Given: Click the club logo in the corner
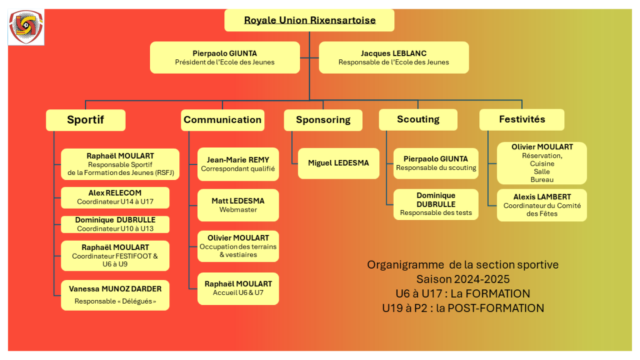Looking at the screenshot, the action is click(x=26, y=27).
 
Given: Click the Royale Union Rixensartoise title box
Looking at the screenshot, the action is click(x=309, y=20).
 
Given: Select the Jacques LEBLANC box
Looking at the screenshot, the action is click(x=394, y=57).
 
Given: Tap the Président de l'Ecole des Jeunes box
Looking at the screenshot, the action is click(x=225, y=57).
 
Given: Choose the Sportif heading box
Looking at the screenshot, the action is click(x=86, y=120).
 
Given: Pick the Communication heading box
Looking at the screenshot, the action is click(x=222, y=120).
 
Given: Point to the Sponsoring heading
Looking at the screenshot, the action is click(x=323, y=120).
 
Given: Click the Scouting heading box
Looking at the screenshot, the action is click(x=418, y=119).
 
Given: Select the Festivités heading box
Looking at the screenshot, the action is click(x=522, y=119).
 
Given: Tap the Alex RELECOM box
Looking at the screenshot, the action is click(x=115, y=197).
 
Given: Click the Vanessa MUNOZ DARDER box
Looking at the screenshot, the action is click(x=115, y=295).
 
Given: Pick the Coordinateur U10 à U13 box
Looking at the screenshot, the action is click(x=115, y=224).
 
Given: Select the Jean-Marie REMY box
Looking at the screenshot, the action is click(x=238, y=164).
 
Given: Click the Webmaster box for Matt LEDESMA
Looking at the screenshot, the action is click(x=238, y=205).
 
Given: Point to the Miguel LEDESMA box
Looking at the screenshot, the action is click(x=338, y=163).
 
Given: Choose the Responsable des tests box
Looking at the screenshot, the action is click(x=436, y=204).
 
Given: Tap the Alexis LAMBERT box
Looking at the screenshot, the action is click(x=542, y=205).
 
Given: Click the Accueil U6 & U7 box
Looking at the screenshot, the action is click(x=238, y=289).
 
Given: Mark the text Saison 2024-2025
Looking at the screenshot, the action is click(x=463, y=279).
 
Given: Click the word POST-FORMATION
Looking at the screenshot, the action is click(x=496, y=308).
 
